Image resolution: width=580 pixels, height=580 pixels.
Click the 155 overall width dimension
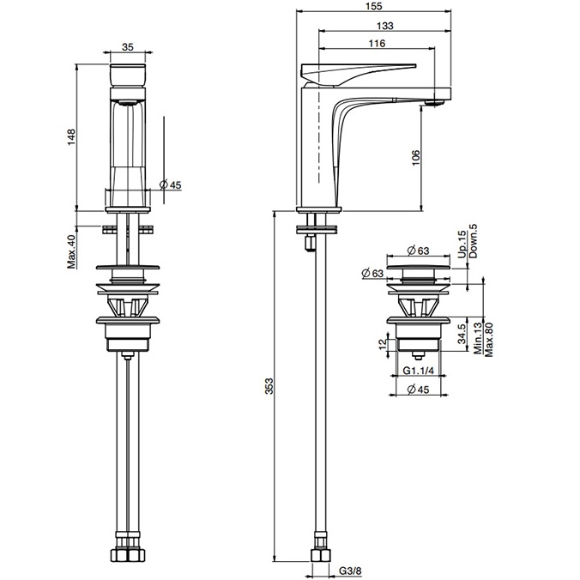(374, 6)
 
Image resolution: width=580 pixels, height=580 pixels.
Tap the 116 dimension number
(375, 43)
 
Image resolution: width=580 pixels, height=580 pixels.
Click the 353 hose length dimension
(267, 387)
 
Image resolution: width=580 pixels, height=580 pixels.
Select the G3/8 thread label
(349, 569)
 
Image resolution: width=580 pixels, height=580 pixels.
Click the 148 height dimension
(72, 137)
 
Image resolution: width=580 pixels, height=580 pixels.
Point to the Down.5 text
(472, 239)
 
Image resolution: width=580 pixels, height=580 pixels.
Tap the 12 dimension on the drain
(384, 344)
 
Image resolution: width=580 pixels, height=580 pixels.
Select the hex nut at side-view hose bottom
(318, 556)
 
